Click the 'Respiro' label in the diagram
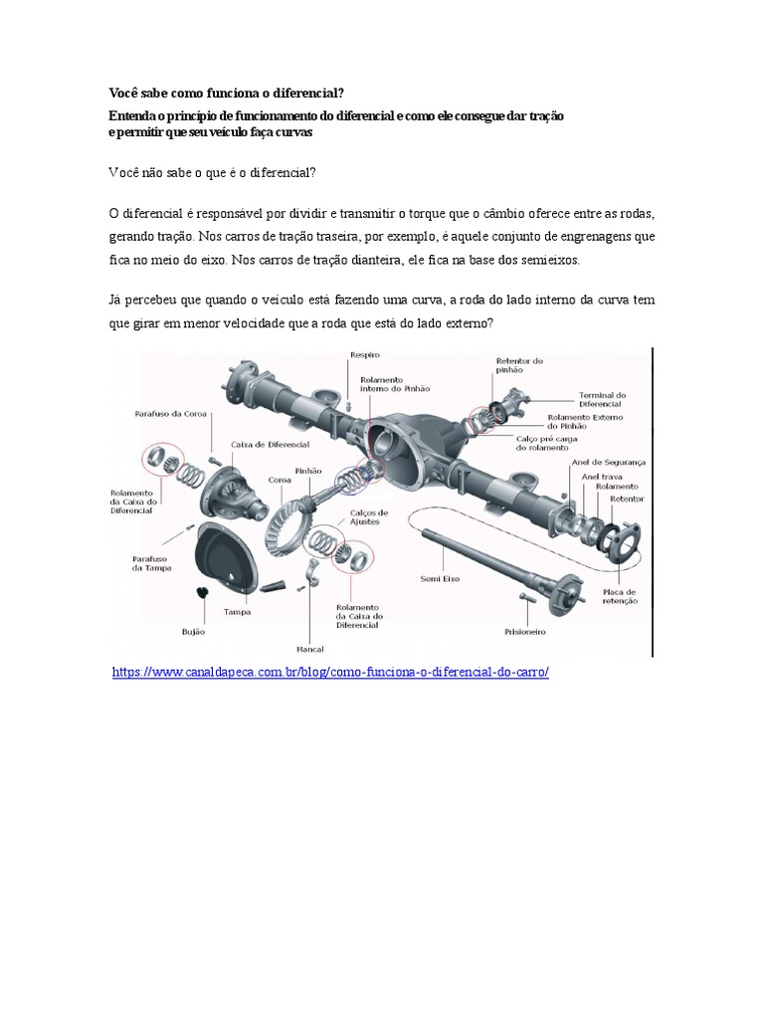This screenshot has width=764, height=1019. pyautogui.click(x=364, y=354)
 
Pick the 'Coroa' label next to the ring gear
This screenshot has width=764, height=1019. pyautogui.click(x=279, y=479)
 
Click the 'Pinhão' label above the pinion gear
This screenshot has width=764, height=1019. pyautogui.click(x=308, y=470)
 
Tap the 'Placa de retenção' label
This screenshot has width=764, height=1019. pyautogui.click(x=619, y=596)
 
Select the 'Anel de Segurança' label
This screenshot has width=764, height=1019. pyautogui.click(x=608, y=463)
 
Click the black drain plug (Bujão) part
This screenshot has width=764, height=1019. pyautogui.click(x=201, y=594)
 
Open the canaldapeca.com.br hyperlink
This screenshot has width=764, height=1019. pyautogui.click(x=329, y=672)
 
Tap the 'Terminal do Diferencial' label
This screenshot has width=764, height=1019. pyautogui.click(x=602, y=400)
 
